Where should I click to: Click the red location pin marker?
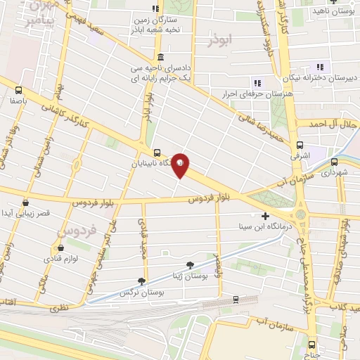[181, 165]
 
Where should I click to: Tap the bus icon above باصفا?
[19, 90]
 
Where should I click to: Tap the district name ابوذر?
[219, 41]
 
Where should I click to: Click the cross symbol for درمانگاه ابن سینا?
[265, 216]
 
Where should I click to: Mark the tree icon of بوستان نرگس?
[141, 281]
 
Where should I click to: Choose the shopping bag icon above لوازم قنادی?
[60, 248]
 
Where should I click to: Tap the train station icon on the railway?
[236, 298]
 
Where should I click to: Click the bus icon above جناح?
[312, 345]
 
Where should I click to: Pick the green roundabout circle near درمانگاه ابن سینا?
[302, 214]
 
